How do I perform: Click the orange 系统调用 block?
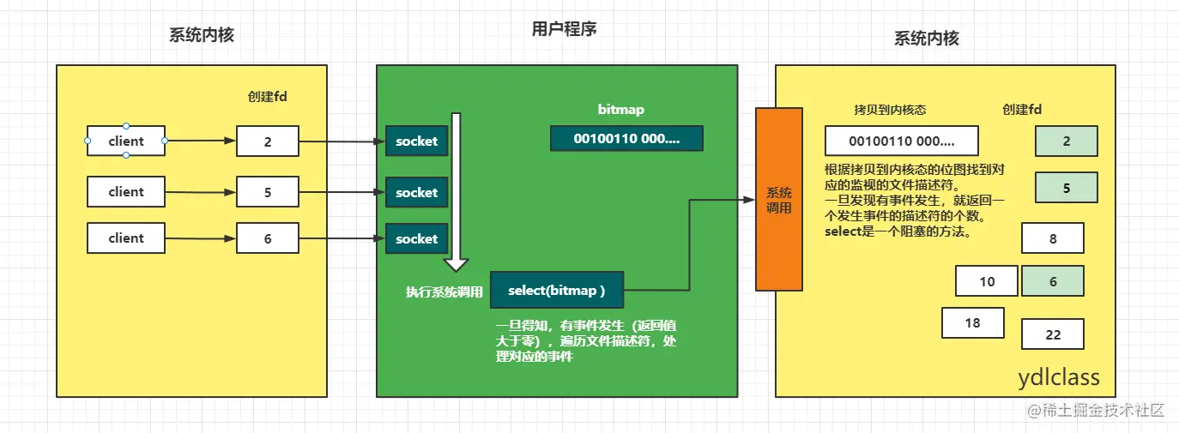pos(778,199)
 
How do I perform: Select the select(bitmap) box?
pos(556,291)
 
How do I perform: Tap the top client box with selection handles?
pos(126,141)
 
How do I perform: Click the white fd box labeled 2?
pos(268,141)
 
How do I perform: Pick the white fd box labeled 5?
pos(268,192)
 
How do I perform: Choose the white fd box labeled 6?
pos(268,238)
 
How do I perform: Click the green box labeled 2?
pos(1066,141)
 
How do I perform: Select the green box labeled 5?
pos(1066,187)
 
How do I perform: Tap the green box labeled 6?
pos(1053,281)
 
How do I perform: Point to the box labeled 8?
pos(1053,238)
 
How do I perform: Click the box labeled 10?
pos(987,281)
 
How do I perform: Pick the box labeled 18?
pos(972,322)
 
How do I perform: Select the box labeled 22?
pos(1053,334)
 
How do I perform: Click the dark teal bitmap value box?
pos(626,139)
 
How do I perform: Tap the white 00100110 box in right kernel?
pos(901,141)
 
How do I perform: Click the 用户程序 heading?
pos(564,29)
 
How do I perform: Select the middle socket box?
pos(416,193)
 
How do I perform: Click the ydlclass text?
pos(1058,378)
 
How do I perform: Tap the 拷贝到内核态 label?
pos(890,110)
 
